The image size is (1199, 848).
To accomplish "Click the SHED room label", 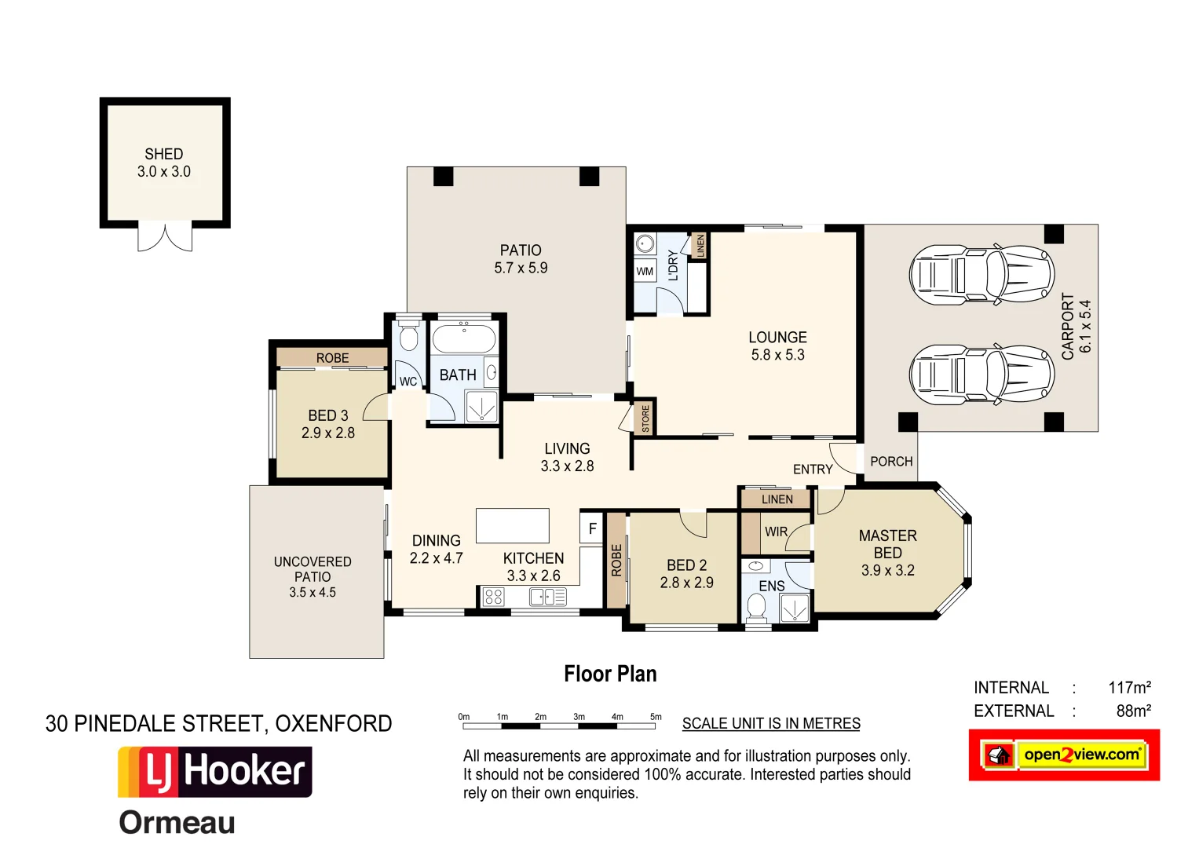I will (x=163, y=155).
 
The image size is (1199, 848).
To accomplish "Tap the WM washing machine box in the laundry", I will (x=645, y=272).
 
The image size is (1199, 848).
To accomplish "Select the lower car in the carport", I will (x=981, y=375).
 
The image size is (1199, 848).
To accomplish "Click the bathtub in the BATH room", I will (x=464, y=339).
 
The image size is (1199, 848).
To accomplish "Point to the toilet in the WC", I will (x=408, y=338).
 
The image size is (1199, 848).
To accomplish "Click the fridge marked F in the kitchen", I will (x=592, y=528).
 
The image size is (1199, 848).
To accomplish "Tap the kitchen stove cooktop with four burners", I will (x=493, y=597).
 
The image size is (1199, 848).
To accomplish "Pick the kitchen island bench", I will (x=512, y=525).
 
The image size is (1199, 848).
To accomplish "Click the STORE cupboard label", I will (x=645, y=418).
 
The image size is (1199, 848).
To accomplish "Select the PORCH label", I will (x=891, y=462).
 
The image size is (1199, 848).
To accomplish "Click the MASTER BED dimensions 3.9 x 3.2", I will (x=887, y=571).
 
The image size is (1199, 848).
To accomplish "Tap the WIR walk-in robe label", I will (x=776, y=532).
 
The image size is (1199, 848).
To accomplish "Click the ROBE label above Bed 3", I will (x=332, y=358).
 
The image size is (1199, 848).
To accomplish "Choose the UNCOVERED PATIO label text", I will (x=313, y=569).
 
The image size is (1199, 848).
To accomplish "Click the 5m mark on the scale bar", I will (x=656, y=718).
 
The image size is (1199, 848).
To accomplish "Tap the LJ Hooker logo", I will (x=215, y=772).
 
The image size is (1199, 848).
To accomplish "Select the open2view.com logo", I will (x=1064, y=755).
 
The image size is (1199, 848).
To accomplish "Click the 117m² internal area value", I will (x=1129, y=688).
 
